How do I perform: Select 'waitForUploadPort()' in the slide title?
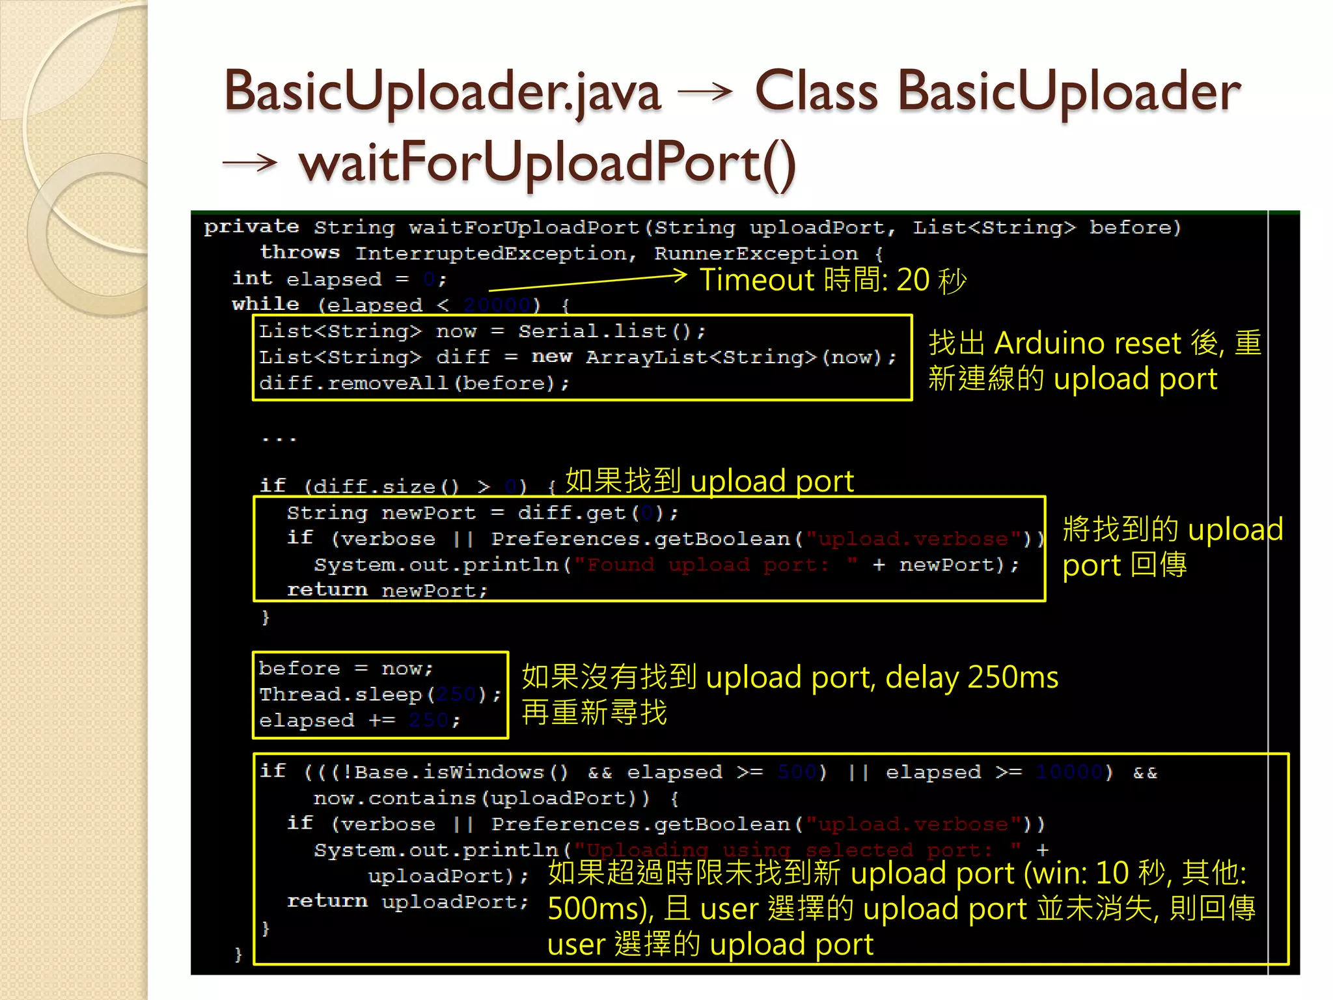tap(547, 163)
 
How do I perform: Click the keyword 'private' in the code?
tap(251, 227)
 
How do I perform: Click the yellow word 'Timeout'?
tap(757, 281)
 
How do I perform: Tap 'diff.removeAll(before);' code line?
tap(414, 383)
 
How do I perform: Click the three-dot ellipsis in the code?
tap(279, 439)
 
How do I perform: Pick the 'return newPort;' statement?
tap(387, 590)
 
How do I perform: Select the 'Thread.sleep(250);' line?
tap(380, 695)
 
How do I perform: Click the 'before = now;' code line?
tap(345, 669)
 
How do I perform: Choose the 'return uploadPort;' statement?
tap(407, 902)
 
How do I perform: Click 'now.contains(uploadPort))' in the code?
tap(481, 799)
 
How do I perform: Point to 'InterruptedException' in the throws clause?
tap(495, 253)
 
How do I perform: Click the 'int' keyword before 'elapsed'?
tap(252, 279)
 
